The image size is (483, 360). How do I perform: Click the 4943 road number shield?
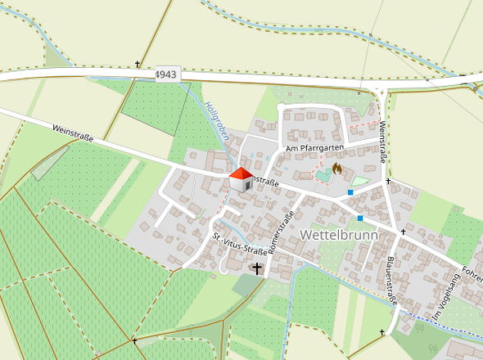coord(165,74)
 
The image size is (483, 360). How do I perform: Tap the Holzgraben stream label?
coord(214,123)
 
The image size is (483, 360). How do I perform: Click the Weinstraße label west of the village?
coord(72,134)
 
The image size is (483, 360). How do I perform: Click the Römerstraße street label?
coord(286,231)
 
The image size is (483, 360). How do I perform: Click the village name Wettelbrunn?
coord(336,234)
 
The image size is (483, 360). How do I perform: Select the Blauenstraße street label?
coord(391,283)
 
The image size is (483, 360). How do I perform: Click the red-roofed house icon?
coord(241,179)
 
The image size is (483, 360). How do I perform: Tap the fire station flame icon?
coord(336,170)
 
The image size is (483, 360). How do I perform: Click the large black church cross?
coord(258,268)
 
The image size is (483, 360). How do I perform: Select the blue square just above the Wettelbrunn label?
coord(360,218)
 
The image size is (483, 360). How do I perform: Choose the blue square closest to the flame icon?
coord(350,192)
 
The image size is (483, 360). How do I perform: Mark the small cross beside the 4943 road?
coord(138,64)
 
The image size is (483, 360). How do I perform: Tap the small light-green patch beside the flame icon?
coord(360,180)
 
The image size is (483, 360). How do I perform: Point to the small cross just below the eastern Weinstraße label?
coord(387,181)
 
